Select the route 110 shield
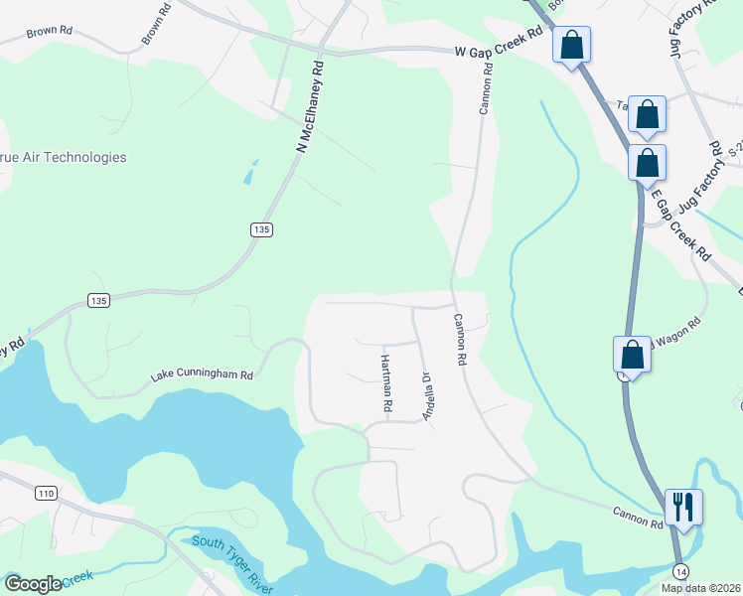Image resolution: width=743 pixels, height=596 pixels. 45,493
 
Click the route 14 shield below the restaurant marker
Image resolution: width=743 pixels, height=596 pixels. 679,570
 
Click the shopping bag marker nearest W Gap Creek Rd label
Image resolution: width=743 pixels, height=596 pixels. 572,45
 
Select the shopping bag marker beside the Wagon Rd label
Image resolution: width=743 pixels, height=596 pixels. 632,355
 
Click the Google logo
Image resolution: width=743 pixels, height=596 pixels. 33,584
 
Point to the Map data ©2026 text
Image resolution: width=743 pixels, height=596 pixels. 700,587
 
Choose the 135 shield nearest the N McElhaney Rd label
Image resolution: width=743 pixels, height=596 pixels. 261,229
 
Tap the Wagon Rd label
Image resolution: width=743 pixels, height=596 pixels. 677,328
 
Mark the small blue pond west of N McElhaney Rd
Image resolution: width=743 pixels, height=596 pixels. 248,173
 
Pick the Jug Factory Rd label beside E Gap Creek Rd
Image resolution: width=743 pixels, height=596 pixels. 699,179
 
